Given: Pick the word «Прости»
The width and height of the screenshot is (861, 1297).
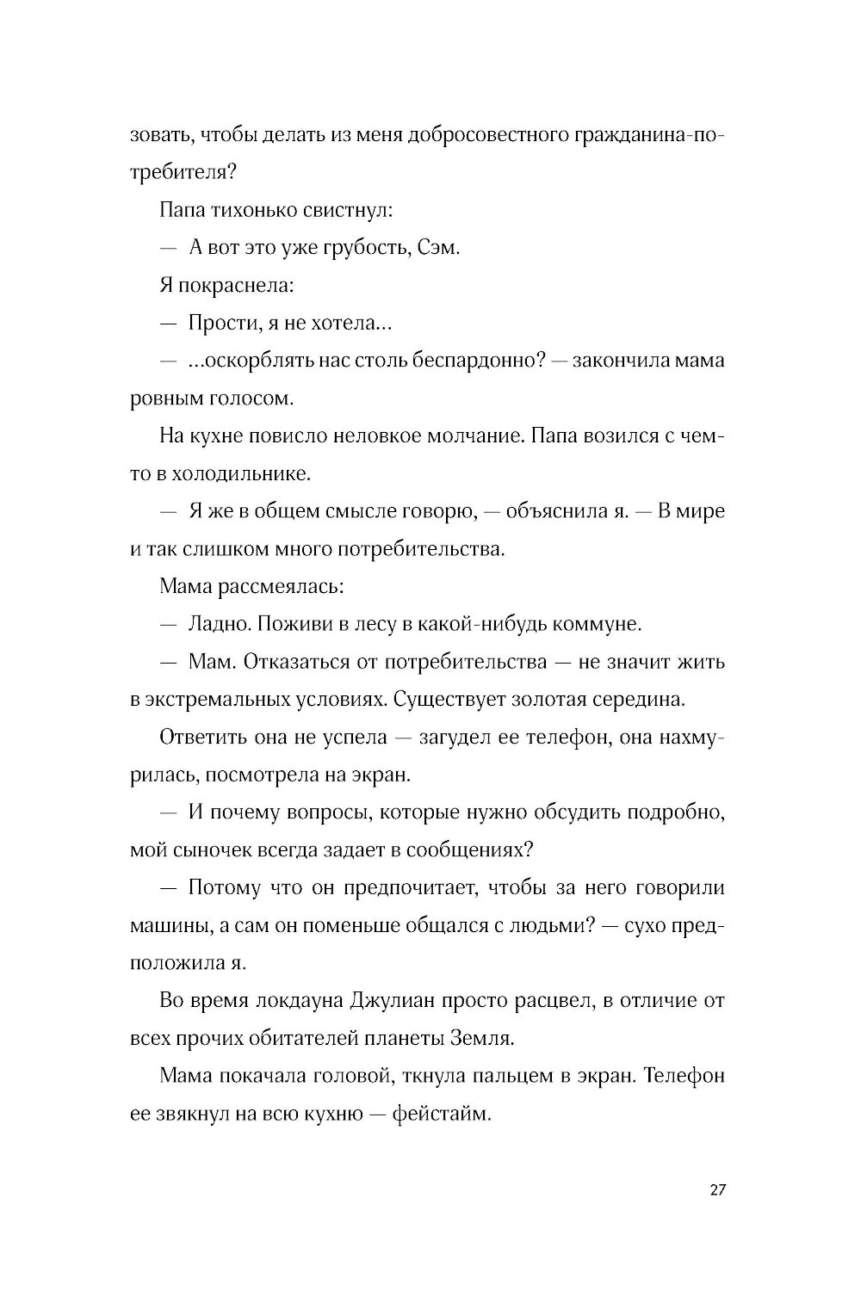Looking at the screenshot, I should (220, 324).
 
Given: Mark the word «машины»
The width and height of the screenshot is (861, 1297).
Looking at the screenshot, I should (167, 925).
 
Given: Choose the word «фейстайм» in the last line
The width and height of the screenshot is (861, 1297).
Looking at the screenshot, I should (441, 1115).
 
